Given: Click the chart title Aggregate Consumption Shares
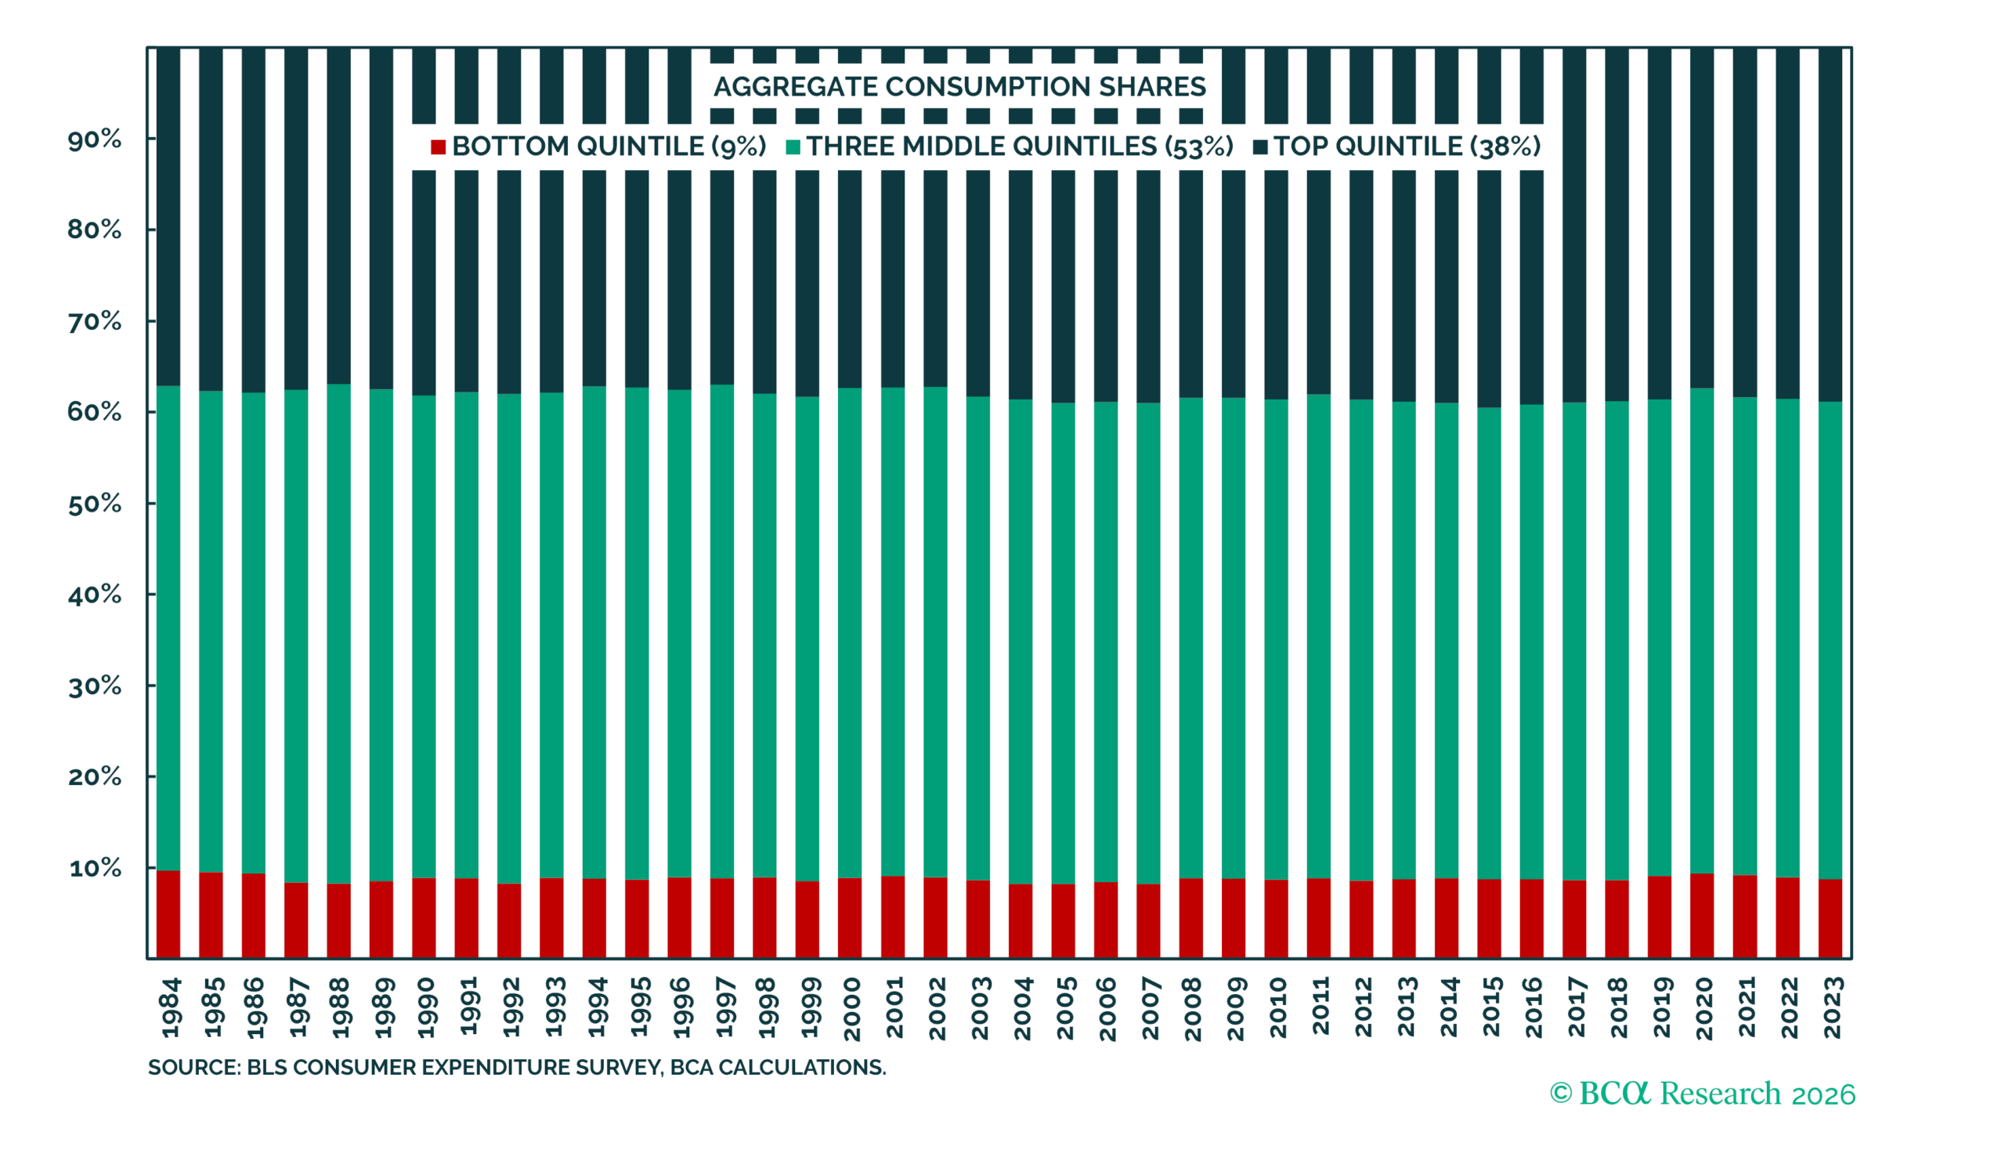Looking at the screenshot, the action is coord(959,87).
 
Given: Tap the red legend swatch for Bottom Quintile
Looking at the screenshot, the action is coord(438,147).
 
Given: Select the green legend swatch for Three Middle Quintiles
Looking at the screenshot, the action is coord(793,147).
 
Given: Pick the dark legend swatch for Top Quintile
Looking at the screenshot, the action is coord(1260,147).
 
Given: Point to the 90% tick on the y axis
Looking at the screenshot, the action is coord(95,140).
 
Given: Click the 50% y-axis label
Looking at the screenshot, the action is coord(95,504).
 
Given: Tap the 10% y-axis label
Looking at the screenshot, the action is coord(95,868).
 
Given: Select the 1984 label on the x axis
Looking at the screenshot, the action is coord(170,1007).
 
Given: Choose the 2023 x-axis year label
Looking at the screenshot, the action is coord(1831,1007).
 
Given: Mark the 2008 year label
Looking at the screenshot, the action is coord(1191,1009).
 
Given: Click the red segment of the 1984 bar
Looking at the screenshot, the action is coord(168,914).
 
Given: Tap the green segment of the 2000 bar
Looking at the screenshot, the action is coord(850,633).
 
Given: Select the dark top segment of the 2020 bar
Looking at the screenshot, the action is coord(1702,219).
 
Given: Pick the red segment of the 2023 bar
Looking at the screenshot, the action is coord(1830,919).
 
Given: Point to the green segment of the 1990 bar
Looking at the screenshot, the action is coord(424,637).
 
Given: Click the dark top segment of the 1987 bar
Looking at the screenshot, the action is coord(296,219).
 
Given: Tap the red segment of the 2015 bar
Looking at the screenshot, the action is coord(1490,919).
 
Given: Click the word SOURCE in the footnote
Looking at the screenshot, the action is coord(193,1067).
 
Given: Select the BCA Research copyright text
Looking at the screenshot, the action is coord(1703,1094).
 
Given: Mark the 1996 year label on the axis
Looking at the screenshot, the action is coord(681,1007).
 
